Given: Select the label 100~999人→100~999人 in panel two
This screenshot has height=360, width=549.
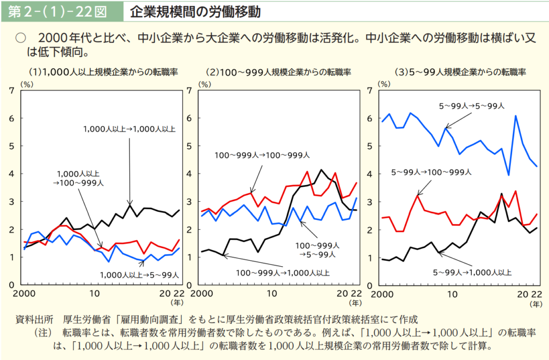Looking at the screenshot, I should [262, 155].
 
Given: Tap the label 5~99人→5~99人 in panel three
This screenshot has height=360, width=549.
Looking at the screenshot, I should [471, 106].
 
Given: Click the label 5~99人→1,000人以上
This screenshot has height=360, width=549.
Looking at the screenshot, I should [471, 273].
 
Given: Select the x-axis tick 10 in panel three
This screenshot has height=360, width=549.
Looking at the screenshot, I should [453, 294].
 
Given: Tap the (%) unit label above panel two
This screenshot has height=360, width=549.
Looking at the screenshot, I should [204, 84].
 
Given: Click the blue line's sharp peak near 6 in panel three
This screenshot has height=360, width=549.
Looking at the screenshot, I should [515, 116].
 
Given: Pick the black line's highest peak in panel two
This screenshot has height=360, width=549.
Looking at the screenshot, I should [321, 170].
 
